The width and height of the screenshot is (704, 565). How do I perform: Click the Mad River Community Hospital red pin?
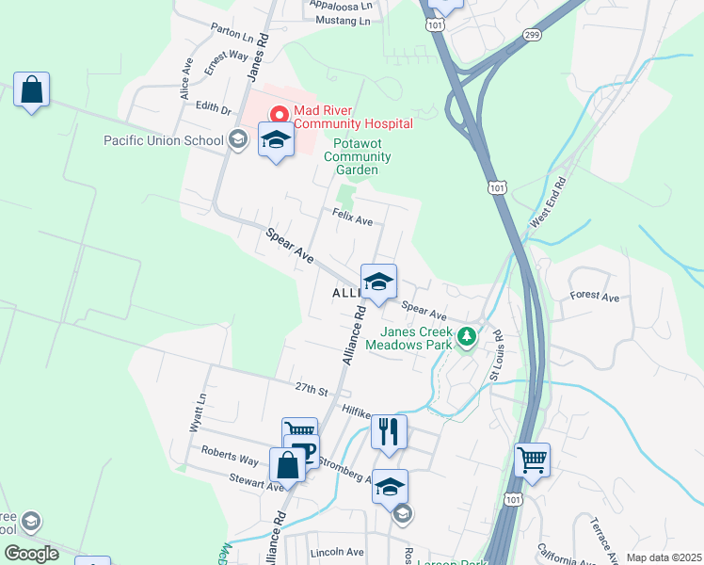click(x=279, y=115)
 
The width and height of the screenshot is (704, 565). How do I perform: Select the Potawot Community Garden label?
click(x=356, y=156)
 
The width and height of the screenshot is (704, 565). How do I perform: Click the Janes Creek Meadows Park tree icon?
click(x=466, y=336)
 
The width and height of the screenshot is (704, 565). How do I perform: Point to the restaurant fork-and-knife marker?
click(x=389, y=432)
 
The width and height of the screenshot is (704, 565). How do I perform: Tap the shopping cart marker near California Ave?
click(x=532, y=460)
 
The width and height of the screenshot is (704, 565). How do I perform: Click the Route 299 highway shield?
click(x=534, y=35)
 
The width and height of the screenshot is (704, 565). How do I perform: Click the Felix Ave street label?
click(x=353, y=218)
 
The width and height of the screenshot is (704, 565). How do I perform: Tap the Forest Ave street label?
click(x=595, y=298)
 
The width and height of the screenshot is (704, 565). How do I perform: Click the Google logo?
click(x=32, y=554)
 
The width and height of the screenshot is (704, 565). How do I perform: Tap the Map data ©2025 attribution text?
click(x=663, y=557)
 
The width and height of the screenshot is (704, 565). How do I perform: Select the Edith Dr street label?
click(x=213, y=108)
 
